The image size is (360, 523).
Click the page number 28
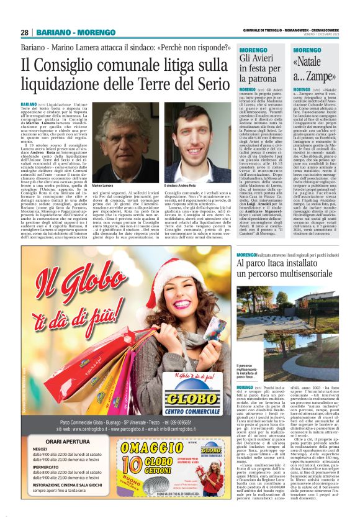tap(24, 32)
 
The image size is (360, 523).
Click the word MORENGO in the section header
tap(98, 32)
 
